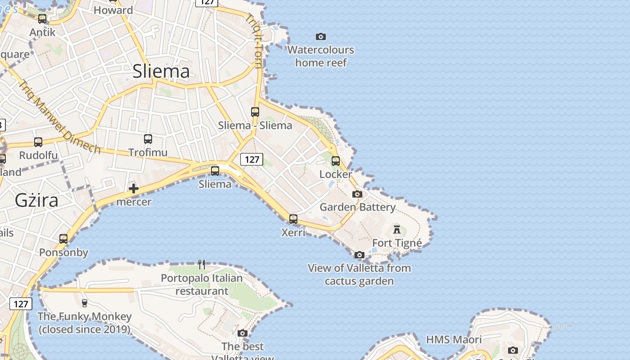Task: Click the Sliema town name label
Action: pyautogui.click(x=161, y=72)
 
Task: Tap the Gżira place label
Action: pyautogui.click(x=36, y=200)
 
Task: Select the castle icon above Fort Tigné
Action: pyautogui.click(x=397, y=229)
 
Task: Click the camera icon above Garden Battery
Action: pyautogui.click(x=357, y=194)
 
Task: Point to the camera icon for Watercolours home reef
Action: pyautogui.click(x=321, y=36)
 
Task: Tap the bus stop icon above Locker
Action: pyautogui.click(x=336, y=161)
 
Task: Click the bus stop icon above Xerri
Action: pyautogui.click(x=293, y=219)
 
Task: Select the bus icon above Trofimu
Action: pyautogui.click(x=148, y=139)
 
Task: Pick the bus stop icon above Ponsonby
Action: pyautogui.click(x=63, y=239)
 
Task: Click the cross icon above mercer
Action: pyautogui.click(x=134, y=189)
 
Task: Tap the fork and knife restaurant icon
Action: pyautogui.click(x=202, y=265)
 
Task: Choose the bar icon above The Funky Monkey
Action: pyautogui.click(x=84, y=303)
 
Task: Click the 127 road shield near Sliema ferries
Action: pyautogui.click(x=252, y=159)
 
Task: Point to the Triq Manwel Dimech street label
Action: pyautogui.click(x=60, y=117)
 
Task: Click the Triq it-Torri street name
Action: pyautogui.click(x=255, y=40)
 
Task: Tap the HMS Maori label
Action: pyautogui.click(x=454, y=339)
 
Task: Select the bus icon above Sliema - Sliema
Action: pyautogui.click(x=255, y=112)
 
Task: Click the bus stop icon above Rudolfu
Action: pyautogui.click(x=38, y=142)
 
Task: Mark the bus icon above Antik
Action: pyautogui.click(x=42, y=19)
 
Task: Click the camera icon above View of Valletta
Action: pyautogui.click(x=359, y=255)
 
